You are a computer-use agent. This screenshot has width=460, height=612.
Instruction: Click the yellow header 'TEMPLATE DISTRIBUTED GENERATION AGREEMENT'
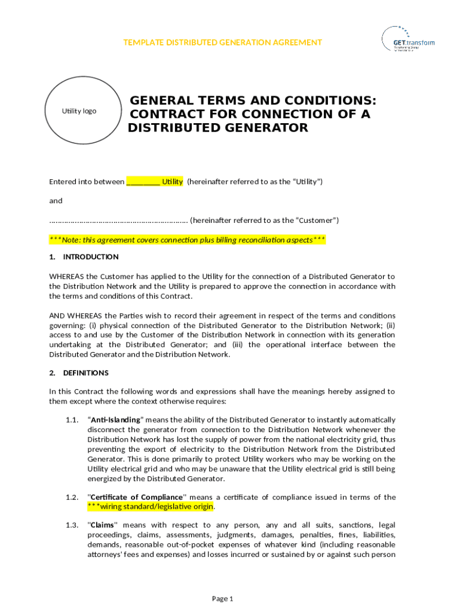click(x=222, y=42)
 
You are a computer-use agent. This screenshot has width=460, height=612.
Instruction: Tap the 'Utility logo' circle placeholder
click(x=79, y=111)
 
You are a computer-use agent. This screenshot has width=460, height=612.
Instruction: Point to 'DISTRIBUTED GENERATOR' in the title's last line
click(x=218, y=128)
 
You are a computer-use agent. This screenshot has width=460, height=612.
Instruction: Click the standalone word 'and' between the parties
click(x=56, y=201)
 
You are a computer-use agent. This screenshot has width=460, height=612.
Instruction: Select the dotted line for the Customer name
click(x=118, y=221)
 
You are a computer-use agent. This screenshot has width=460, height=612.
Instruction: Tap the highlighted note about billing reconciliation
click(x=187, y=240)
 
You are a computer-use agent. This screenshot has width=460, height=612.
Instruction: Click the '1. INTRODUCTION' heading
click(x=84, y=257)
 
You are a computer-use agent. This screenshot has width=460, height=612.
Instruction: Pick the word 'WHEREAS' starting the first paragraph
click(x=66, y=276)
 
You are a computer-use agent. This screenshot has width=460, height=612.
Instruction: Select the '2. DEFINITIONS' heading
click(x=79, y=373)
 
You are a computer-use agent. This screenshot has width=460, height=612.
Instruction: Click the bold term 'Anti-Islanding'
click(x=115, y=420)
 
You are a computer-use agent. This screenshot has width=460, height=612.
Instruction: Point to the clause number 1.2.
click(x=72, y=497)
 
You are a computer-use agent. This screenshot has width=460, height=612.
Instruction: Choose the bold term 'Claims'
click(x=103, y=525)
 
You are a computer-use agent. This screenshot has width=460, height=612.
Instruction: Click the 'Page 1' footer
click(x=222, y=599)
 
